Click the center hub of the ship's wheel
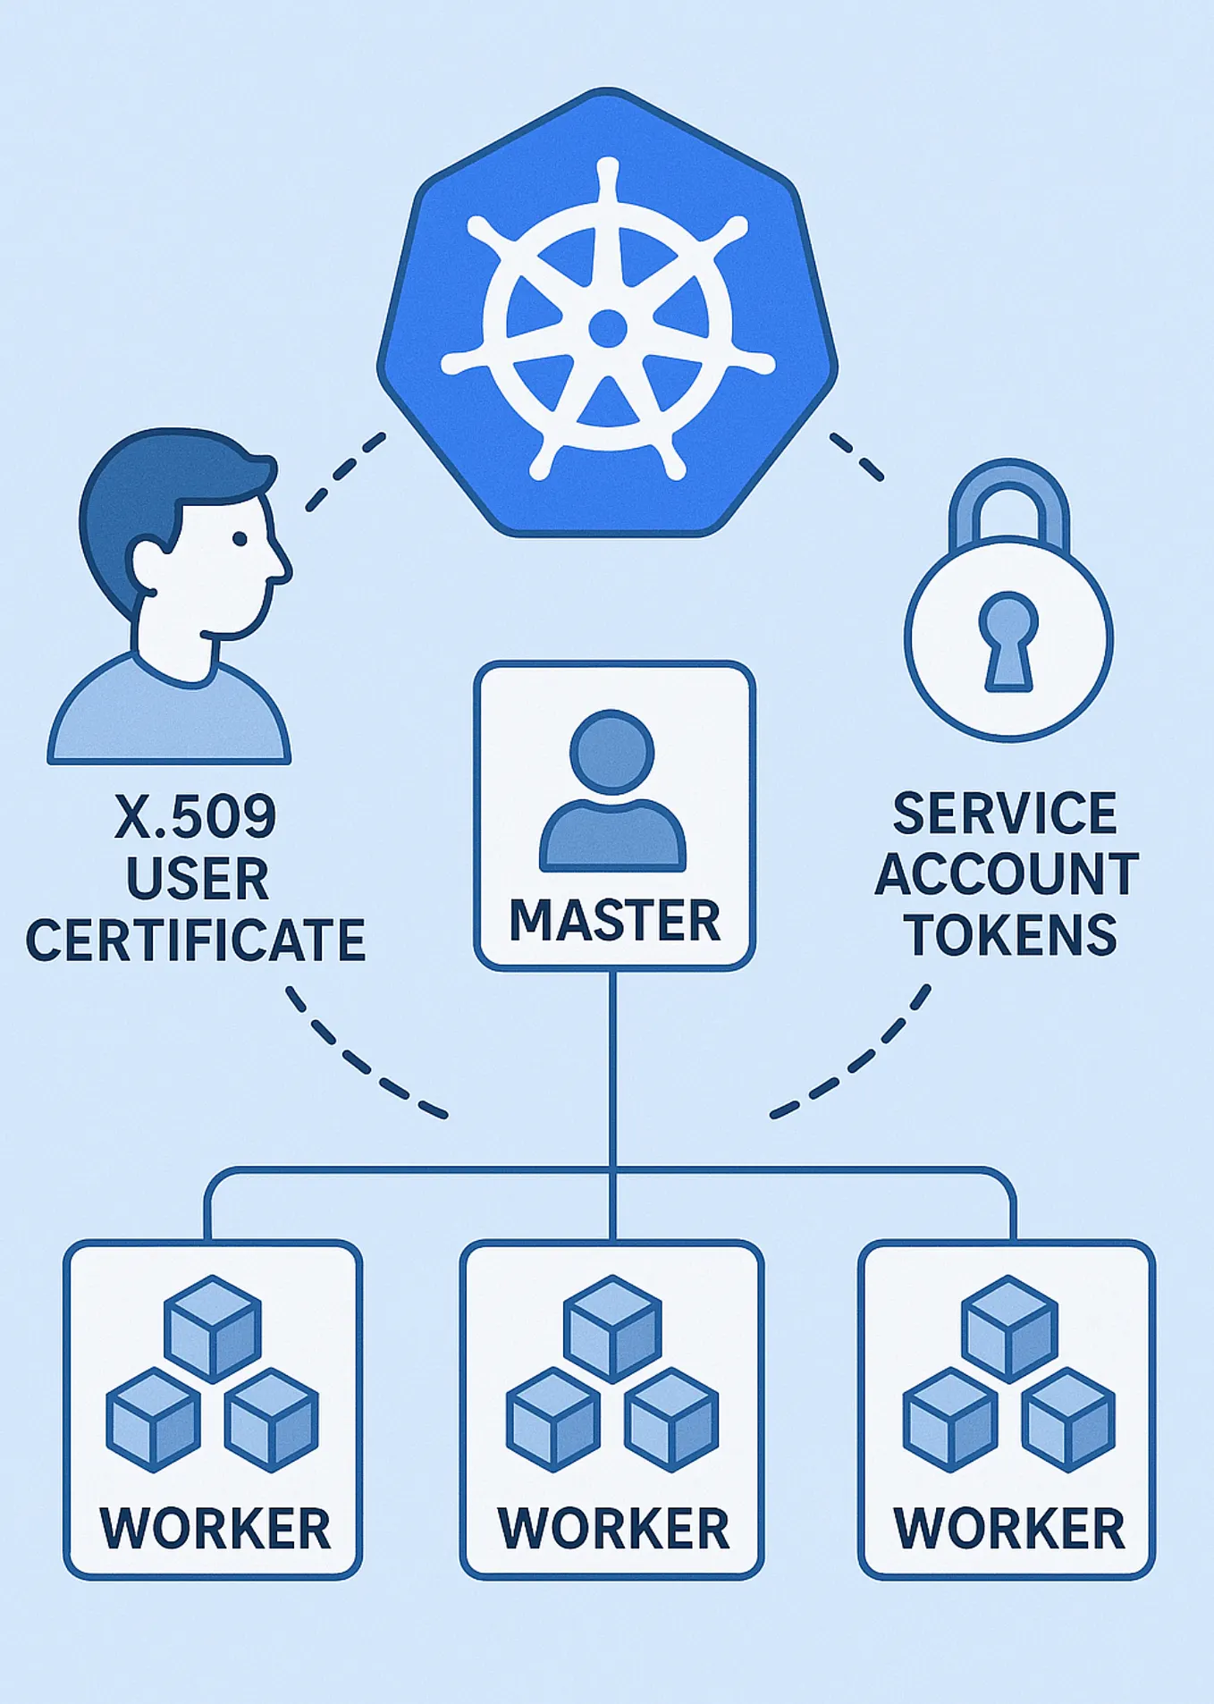pyautogui.click(x=608, y=328)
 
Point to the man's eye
pyautogui.click(x=240, y=539)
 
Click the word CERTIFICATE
pyautogui.click(x=196, y=941)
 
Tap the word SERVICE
pyautogui.click(x=1006, y=814)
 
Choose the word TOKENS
pyautogui.click(x=1011, y=935)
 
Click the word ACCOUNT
pyautogui.click(x=1007, y=874)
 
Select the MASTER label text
pyautogui.click(x=615, y=921)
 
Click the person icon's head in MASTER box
pyautogui.click(x=612, y=751)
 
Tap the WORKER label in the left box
pyautogui.click(x=215, y=1529)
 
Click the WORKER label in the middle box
pyautogui.click(x=613, y=1529)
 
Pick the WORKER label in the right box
pyautogui.click(x=1009, y=1529)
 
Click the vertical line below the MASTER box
pyautogui.click(x=613, y=1073)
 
